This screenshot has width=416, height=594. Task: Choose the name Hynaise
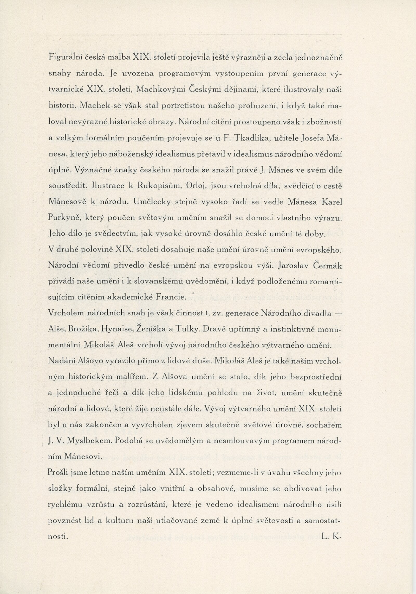pos(117,330)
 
